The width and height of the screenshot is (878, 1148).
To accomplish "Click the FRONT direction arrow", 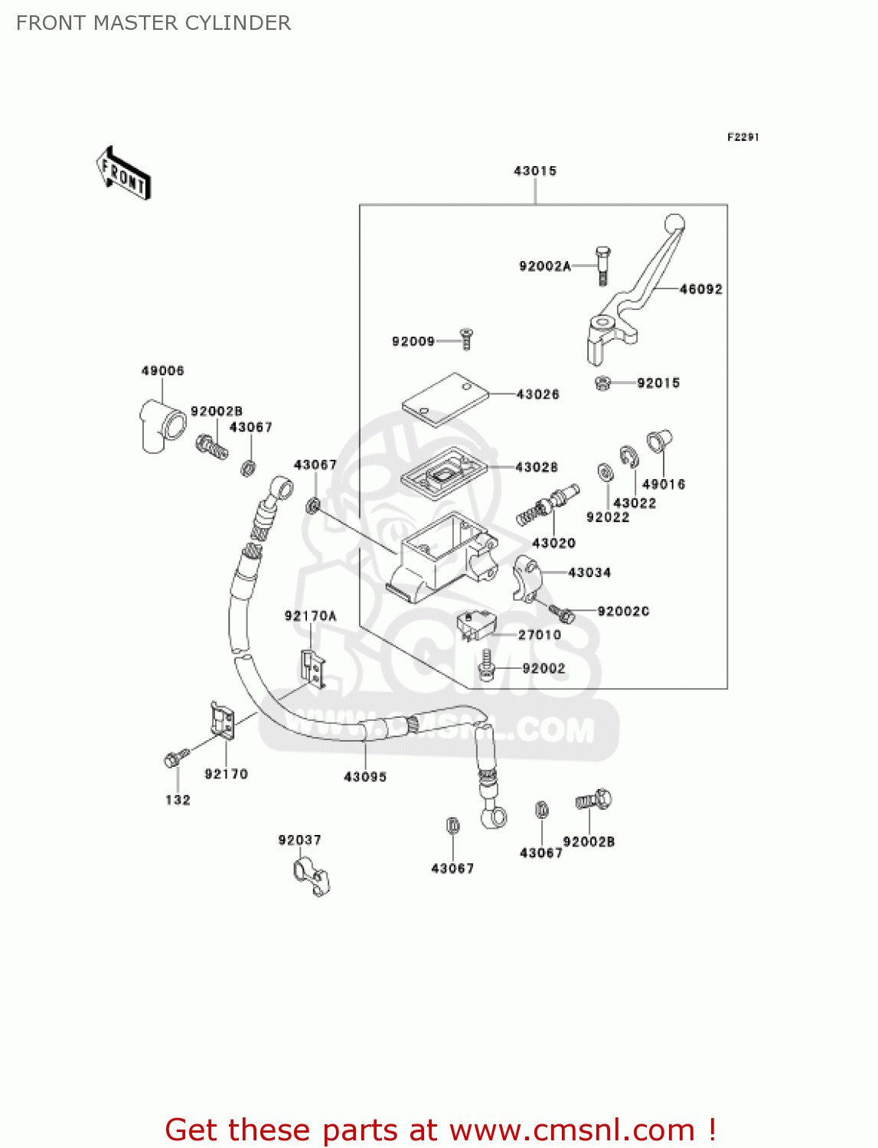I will click(x=123, y=174).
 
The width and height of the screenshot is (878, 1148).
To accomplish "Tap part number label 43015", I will click(x=534, y=171).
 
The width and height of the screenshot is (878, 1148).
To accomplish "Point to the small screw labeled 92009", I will click(x=465, y=338).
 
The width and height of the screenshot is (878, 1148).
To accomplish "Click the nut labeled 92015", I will click(x=602, y=383).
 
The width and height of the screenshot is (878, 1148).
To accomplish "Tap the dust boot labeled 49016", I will click(x=658, y=442).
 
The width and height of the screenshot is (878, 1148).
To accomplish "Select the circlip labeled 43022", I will click(x=628, y=456).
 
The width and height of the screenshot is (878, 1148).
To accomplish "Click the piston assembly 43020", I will click(x=548, y=506).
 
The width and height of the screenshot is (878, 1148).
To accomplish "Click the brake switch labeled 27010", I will click(x=475, y=624).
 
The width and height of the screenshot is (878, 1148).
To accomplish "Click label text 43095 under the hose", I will click(x=365, y=777).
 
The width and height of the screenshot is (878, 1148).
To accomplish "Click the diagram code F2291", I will click(x=743, y=137).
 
